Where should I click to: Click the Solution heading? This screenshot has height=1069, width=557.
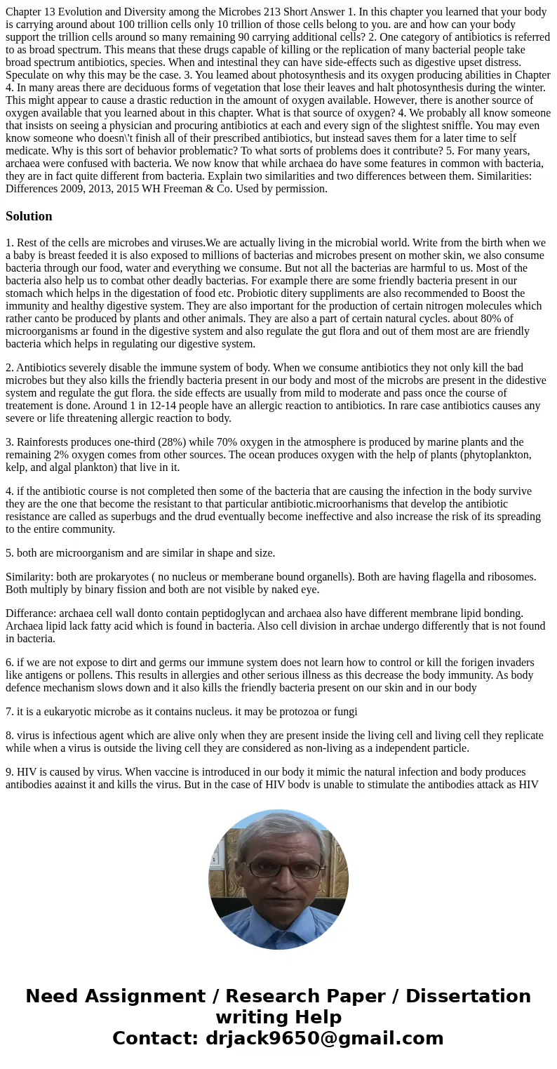29,216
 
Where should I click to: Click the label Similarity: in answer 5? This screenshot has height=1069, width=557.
32,577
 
